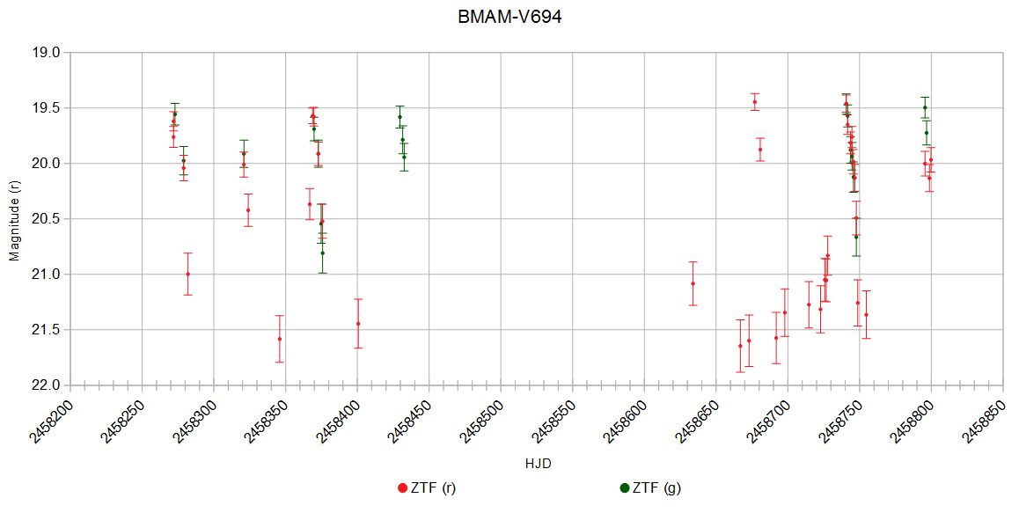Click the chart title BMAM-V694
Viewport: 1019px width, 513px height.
point(509,18)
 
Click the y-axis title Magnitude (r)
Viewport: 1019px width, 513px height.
point(13,218)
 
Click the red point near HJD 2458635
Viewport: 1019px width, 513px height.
point(693,283)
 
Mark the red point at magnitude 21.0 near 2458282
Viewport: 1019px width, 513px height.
point(187,274)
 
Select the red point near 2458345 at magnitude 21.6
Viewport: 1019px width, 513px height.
point(280,339)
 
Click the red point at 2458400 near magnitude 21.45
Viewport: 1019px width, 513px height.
point(358,324)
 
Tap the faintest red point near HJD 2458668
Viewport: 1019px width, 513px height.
point(740,346)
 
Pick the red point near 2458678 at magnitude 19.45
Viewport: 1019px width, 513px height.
point(754,102)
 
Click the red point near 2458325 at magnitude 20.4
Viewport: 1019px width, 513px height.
point(248,210)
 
